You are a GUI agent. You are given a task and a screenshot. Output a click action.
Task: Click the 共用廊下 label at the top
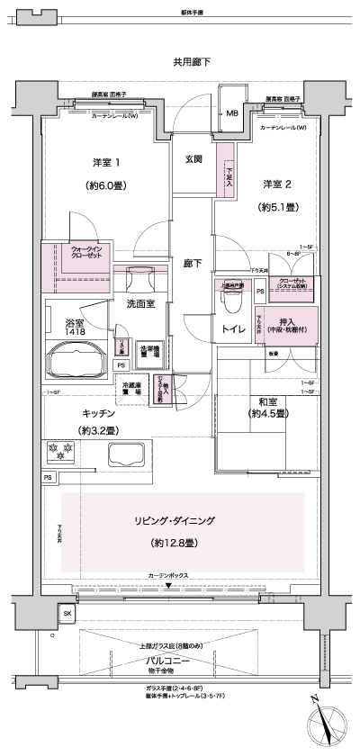192,62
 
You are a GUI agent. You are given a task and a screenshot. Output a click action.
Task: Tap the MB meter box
231,113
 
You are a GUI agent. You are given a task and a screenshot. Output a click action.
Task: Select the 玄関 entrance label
193,159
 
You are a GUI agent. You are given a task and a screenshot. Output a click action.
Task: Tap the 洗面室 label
140,303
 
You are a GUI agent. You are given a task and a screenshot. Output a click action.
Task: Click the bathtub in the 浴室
78,362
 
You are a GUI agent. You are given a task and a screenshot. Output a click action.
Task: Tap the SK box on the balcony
67,615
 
